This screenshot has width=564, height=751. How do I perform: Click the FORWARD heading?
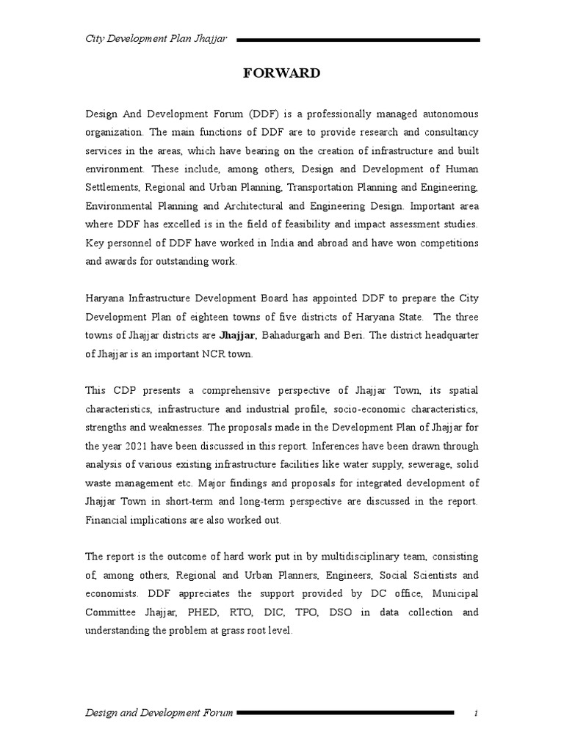(281, 73)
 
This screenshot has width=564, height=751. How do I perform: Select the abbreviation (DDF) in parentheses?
(267, 114)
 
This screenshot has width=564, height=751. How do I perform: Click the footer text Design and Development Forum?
(159, 712)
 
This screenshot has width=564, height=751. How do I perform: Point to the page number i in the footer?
(476, 712)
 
